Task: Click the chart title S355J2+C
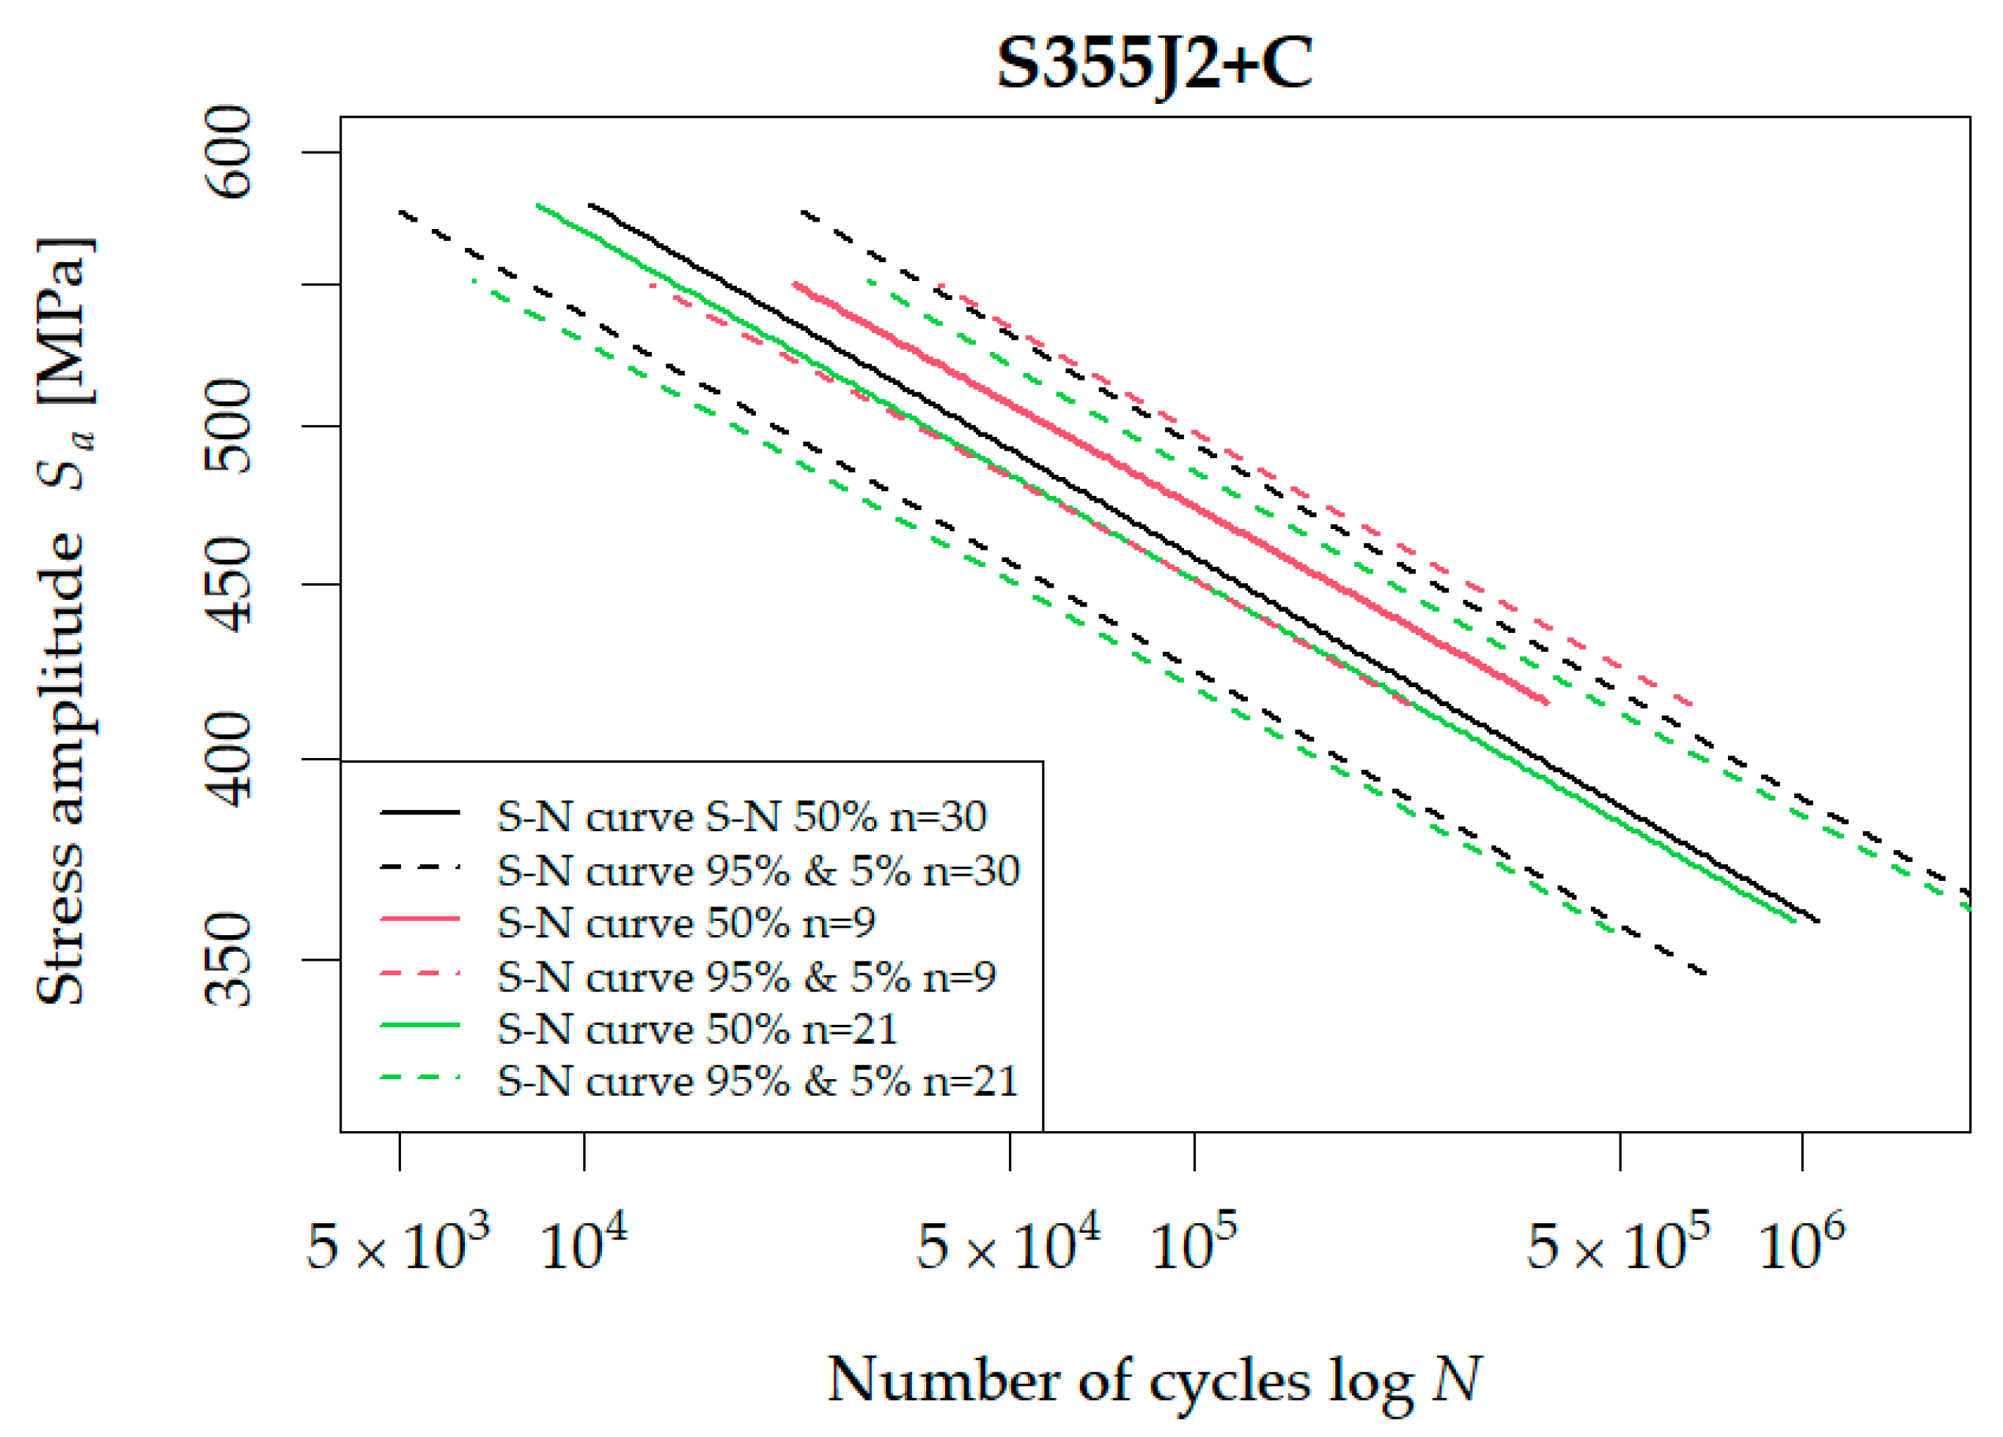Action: pyautogui.click(x=1154, y=63)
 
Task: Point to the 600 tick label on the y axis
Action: pyautogui.click(x=228, y=152)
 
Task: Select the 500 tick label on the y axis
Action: pyautogui.click(x=228, y=426)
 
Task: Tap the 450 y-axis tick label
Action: pyautogui.click(x=228, y=584)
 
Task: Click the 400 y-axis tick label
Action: pyautogui.click(x=228, y=759)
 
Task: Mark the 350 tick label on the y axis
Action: pyautogui.click(x=228, y=959)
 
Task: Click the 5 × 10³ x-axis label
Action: pyautogui.click(x=397, y=1246)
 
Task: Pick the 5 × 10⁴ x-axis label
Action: pyautogui.click(x=1008, y=1246)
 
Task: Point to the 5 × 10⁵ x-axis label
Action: pyautogui.click(x=1618, y=1246)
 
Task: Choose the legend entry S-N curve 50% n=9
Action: pyautogui.click(x=685, y=923)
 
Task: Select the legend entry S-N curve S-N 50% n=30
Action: pyautogui.click(x=741, y=816)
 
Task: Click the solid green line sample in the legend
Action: pyautogui.click(x=420, y=1026)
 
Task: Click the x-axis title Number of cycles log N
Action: pyautogui.click(x=1154, y=1380)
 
